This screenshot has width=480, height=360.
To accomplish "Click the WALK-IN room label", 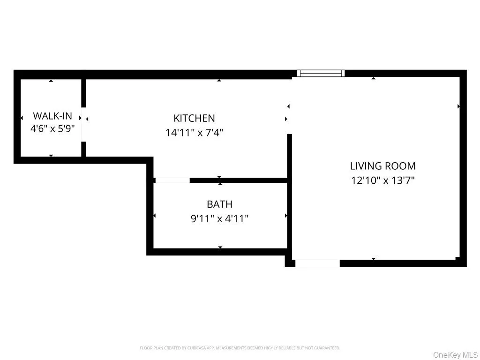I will (x=52, y=116).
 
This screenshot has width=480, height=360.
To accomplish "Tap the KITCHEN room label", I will (x=194, y=119).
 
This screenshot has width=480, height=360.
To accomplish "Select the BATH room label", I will (x=219, y=204).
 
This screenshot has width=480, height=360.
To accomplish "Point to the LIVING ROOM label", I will (x=382, y=166).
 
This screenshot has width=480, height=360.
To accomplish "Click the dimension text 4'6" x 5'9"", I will (x=52, y=128).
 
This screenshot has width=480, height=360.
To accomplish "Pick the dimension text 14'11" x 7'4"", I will (x=194, y=133).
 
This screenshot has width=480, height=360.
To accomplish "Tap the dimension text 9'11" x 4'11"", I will (x=220, y=218).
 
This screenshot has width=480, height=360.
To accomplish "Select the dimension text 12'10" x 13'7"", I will (x=383, y=180).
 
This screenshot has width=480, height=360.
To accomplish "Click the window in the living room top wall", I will (x=321, y=73).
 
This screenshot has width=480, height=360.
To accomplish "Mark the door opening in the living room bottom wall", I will (x=317, y=263).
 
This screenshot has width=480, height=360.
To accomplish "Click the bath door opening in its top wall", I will (x=172, y=180).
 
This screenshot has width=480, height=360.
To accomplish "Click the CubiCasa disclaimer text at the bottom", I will (x=240, y=348).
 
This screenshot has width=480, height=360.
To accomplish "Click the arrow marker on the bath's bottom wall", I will (x=220, y=247).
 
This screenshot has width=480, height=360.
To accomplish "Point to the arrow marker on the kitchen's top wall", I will (x=219, y=81).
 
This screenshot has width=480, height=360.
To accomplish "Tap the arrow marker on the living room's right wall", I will (x=458, y=106).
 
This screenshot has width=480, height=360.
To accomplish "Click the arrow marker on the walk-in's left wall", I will (x=21, y=118).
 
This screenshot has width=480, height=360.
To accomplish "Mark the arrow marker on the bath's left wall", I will (x=155, y=216).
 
